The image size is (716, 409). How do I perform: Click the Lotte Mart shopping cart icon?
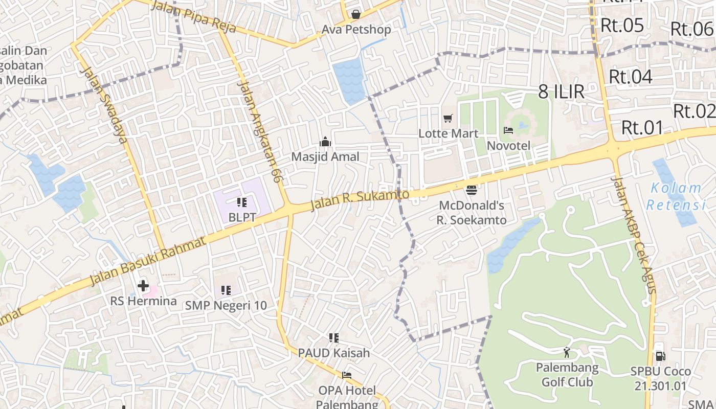(448, 119)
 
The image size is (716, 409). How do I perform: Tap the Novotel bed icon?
(508, 130)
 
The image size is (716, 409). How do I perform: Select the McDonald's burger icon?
(472, 190)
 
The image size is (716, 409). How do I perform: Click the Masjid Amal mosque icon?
(325, 142)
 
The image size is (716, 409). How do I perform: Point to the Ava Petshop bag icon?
(356, 14)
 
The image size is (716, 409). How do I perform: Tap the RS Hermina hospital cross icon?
(143, 286)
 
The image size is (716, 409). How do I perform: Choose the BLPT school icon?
(242, 202)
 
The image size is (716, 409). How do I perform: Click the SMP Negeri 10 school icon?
(226, 290)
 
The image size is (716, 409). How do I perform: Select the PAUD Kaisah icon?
(334, 338)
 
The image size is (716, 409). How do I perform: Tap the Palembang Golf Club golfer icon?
(567, 352)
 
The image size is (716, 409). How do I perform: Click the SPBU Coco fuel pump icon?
(660, 356)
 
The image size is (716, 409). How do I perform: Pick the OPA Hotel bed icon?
(347, 375)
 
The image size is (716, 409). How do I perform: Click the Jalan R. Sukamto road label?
(360, 200)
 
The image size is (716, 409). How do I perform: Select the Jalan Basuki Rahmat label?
(148, 261)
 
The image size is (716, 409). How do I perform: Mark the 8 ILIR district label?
(561, 92)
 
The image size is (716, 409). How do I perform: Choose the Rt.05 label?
(622, 25)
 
